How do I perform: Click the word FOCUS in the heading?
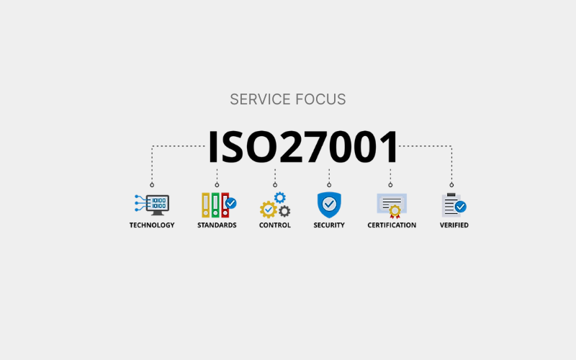click(320, 99)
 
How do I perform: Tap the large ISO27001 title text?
click(303, 147)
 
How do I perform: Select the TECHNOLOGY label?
click(152, 225)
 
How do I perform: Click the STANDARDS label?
click(217, 225)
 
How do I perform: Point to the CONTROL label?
click(275, 225)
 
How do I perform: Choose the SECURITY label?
click(329, 225)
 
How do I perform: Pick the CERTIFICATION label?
click(392, 225)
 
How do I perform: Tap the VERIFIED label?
click(454, 225)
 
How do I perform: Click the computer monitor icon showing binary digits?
click(157, 204)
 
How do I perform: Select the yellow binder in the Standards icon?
click(206, 205)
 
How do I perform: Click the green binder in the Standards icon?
click(215, 205)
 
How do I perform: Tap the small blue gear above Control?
click(280, 197)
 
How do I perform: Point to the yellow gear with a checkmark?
click(269, 210)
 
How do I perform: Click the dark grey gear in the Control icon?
click(284, 211)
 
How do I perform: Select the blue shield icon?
click(329, 204)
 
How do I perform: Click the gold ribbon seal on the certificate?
click(395, 212)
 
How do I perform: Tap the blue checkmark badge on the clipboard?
click(460, 207)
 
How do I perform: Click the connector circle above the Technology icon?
click(152, 185)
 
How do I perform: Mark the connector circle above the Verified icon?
click(451, 185)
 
